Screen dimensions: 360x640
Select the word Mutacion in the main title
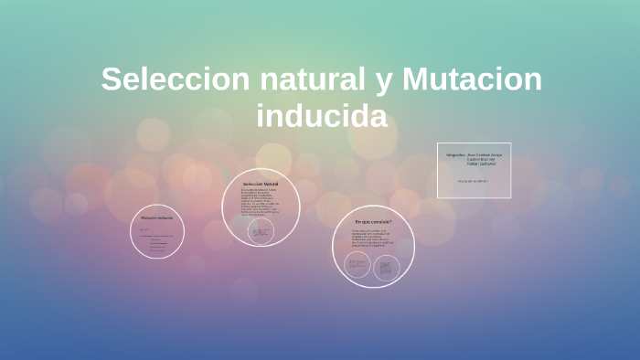pyautogui.click(x=472, y=79)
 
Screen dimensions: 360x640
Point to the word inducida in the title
pyautogui.click(x=322, y=117)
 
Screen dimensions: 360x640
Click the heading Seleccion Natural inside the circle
pyautogui.click(x=261, y=184)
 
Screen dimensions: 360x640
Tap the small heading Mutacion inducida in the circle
pyautogui.click(x=157, y=218)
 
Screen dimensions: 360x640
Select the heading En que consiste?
pyautogui.click(x=373, y=222)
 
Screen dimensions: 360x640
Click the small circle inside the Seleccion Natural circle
pyautogui.click(x=261, y=232)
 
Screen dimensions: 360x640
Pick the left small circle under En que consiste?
pyautogui.click(x=357, y=266)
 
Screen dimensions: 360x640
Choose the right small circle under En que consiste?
pyautogui.click(x=386, y=267)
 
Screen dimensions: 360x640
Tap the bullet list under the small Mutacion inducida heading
pyautogui.click(x=158, y=243)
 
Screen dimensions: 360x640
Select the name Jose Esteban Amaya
pyautogui.click(x=485, y=154)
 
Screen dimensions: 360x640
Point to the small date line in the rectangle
pyautogui.click(x=474, y=180)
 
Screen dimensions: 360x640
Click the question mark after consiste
pyautogui.click(x=390, y=222)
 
